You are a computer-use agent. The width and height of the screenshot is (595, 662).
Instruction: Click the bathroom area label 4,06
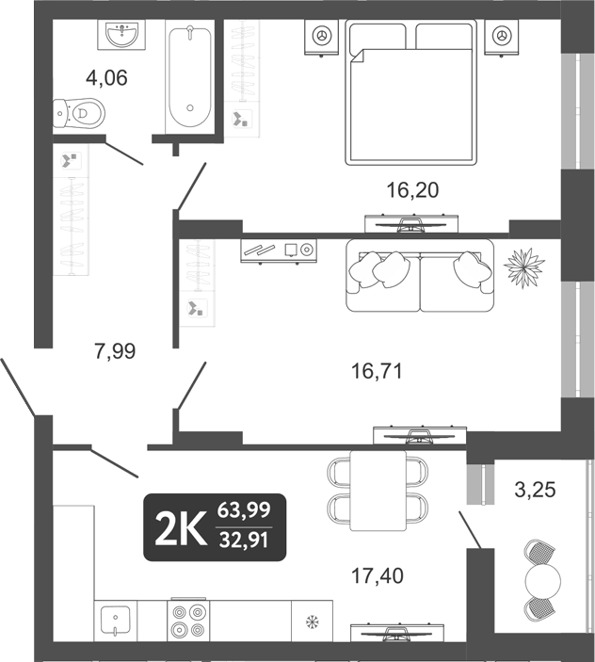(x=106, y=77)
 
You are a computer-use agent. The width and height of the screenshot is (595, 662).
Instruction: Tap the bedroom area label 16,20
(x=412, y=190)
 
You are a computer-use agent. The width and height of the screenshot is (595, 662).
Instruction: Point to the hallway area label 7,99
(x=115, y=351)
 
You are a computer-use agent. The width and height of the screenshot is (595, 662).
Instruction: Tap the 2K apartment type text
(x=180, y=527)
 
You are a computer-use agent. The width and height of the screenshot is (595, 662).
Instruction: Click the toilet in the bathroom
(x=78, y=114)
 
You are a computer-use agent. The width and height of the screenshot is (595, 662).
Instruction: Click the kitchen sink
(x=115, y=621)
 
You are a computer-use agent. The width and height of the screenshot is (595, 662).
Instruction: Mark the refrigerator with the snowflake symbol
(x=311, y=622)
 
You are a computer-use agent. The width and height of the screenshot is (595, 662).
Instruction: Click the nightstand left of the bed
(x=322, y=37)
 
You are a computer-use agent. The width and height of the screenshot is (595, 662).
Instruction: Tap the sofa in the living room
(x=419, y=275)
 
